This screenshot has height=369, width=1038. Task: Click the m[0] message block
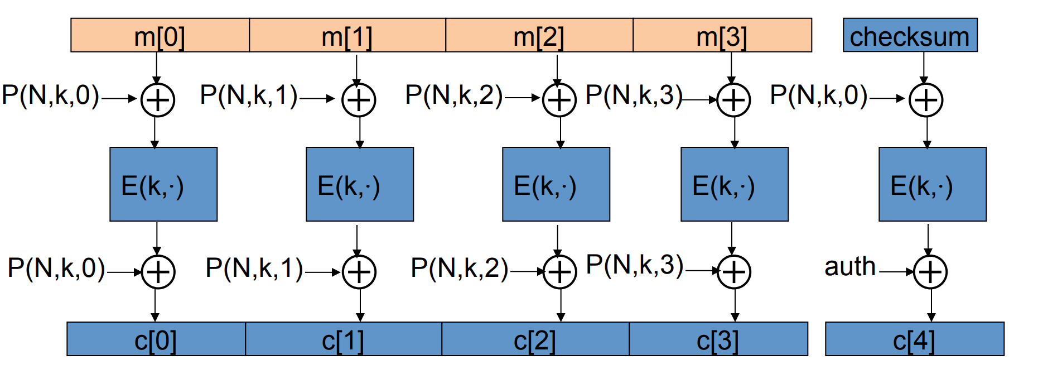tap(160, 35)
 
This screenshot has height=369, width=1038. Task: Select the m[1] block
tap(347, 35)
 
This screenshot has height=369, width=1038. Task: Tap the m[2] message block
tap(539, 35)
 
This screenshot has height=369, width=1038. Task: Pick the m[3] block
tap(722, 35)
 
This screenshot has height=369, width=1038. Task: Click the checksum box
tap(910, 35)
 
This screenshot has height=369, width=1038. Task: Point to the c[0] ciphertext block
tap(156, 339)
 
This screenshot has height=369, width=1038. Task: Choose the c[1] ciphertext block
tap(343, 339)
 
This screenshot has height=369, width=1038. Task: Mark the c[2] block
tap(535, 339)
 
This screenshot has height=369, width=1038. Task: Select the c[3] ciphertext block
tap(718, 339)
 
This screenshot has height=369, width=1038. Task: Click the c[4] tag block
tap(914, 339)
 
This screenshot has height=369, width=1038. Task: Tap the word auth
tap(850, 266)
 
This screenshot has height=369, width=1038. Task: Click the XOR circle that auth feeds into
tap(930, 272)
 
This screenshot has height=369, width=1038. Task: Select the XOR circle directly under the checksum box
tap(926, 100)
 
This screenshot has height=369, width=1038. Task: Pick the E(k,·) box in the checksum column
tap(932, 184)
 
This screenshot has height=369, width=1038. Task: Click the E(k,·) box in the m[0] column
tap(163, 184)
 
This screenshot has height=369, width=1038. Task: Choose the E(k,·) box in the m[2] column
tap(556, 184)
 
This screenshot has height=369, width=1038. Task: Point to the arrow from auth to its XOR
tap(896, 272)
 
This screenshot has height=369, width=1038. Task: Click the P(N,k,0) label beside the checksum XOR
tap(818, 95)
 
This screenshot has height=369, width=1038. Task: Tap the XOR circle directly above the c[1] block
tap(359, 272)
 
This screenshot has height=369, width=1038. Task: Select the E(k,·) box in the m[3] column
tap(734, 184)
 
